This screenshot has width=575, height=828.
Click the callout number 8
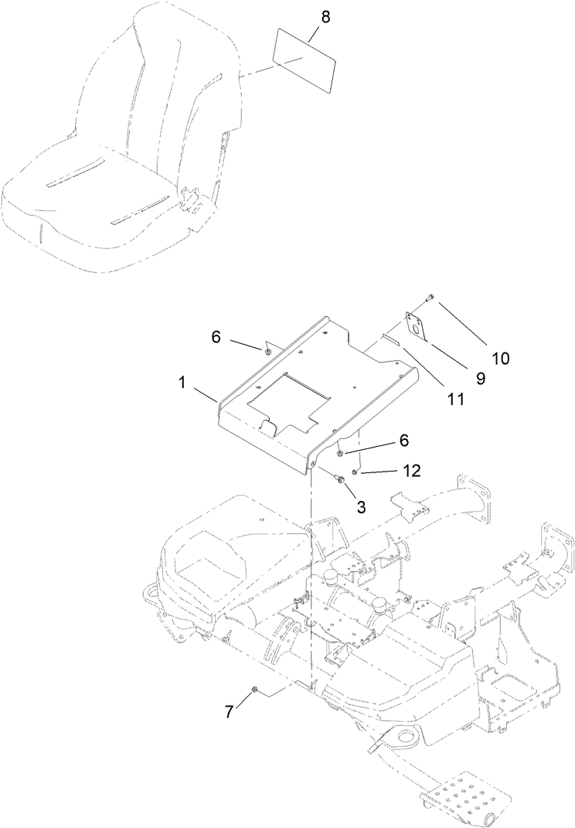[325, 18]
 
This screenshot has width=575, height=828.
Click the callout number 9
[480, 379]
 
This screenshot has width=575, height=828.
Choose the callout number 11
[456, 399]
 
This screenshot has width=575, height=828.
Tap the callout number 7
[229, 711]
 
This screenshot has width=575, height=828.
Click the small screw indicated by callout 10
[430, 297]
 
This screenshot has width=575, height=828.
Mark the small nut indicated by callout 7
[254, 687]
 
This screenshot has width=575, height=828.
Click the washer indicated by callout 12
[355, 472]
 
